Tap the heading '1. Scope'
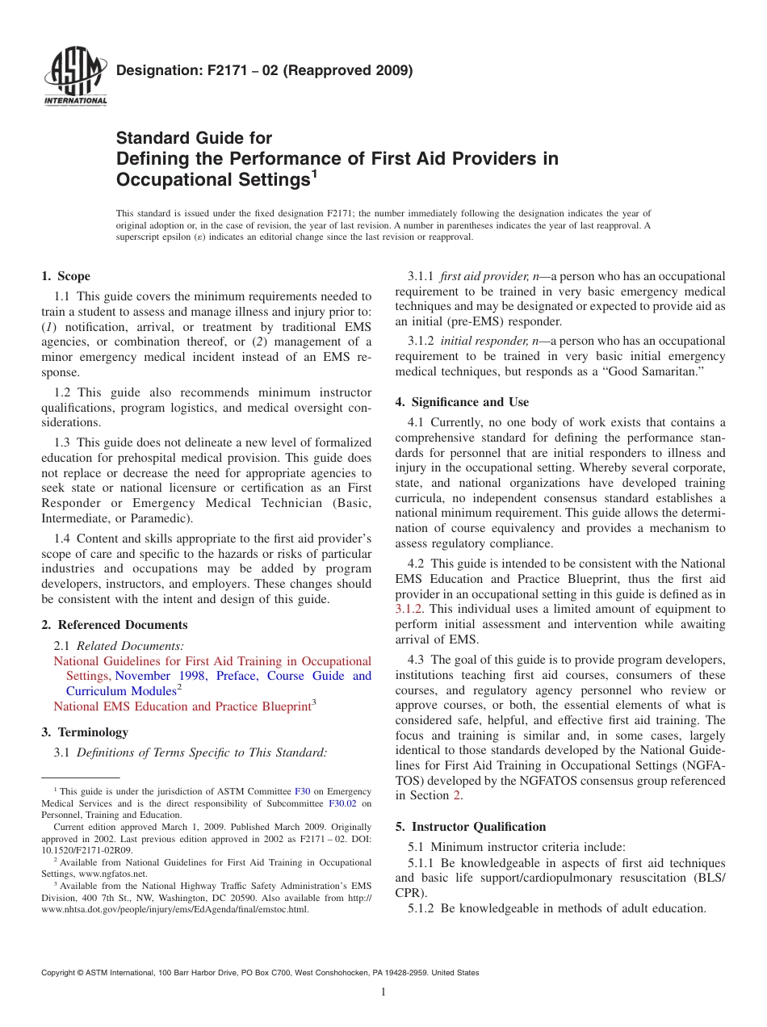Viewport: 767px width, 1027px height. [66, 276]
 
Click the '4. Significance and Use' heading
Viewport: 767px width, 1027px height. [462, 401]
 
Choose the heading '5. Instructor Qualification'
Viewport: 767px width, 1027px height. [471, 827]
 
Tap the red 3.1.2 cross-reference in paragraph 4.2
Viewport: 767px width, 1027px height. [409, 610]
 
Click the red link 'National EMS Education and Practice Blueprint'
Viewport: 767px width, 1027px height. [182, 706]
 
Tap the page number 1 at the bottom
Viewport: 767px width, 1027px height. [383, 992]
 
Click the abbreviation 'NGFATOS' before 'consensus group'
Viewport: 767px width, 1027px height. [475, 781]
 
